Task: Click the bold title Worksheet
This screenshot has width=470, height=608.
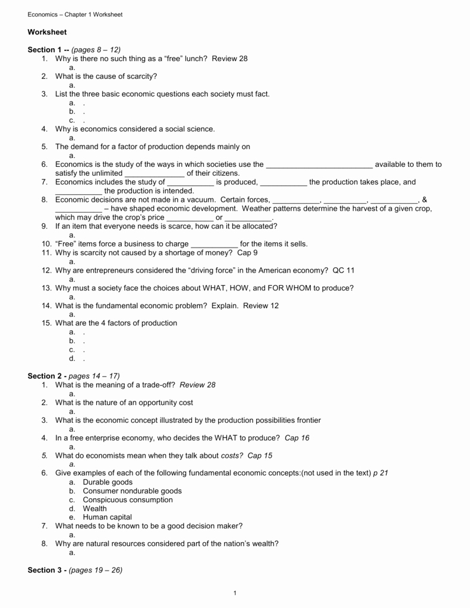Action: (47, 32)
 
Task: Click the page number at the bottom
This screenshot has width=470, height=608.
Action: (235, 593)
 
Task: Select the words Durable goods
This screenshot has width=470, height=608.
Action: (108, 482)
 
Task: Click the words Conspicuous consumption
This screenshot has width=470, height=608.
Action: (128, 500)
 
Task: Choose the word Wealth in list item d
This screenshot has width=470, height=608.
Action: (95, 509)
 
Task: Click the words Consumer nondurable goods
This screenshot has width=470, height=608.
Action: (132, 491)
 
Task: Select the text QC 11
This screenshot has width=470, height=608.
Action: (343, 271)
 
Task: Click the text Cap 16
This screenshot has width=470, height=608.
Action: (297, 438)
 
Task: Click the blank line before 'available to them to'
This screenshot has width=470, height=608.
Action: (319, 165)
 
